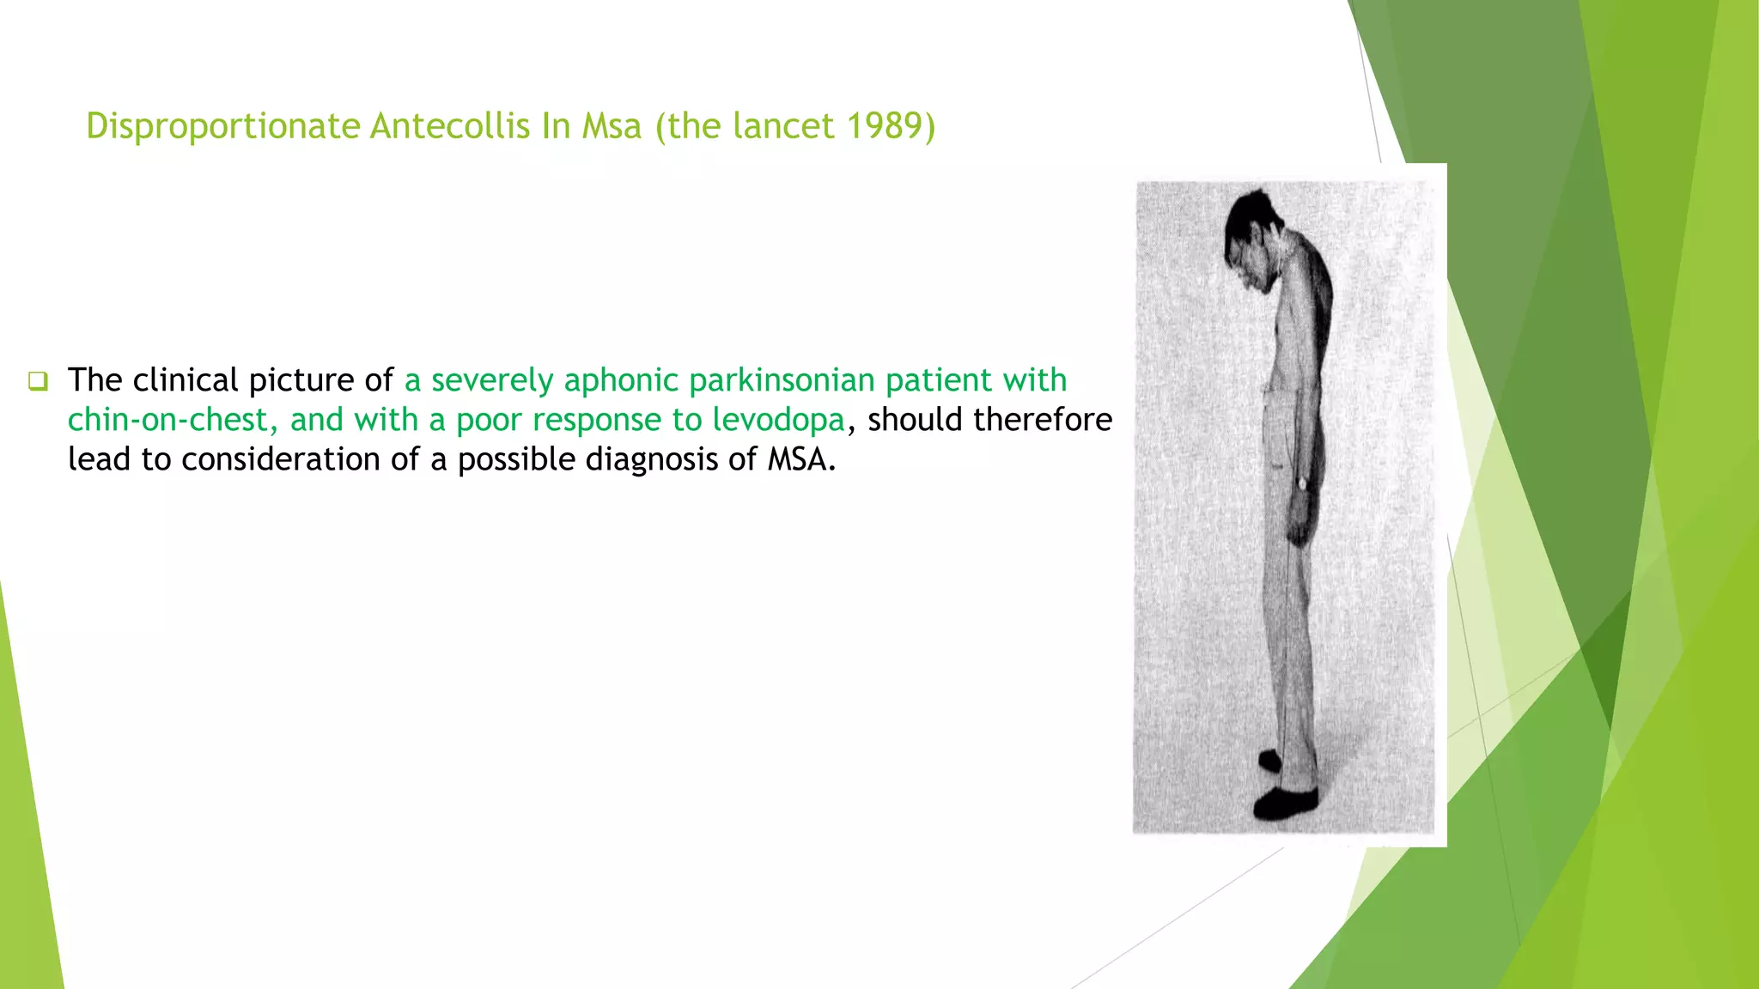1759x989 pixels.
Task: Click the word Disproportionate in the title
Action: pos(222,126)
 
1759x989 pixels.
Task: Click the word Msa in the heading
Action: pos(612,126)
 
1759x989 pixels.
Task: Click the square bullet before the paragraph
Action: pos(38,380)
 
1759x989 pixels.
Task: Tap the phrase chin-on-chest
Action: pos(173,420)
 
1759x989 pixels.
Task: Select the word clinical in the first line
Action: pos(186,379)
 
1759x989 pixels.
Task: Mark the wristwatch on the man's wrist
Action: pos(1302,484)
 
